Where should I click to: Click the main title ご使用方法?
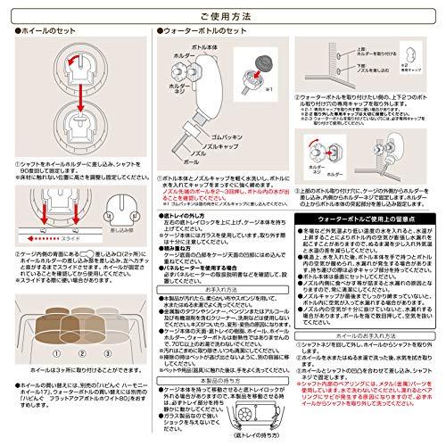coord(223,15)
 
